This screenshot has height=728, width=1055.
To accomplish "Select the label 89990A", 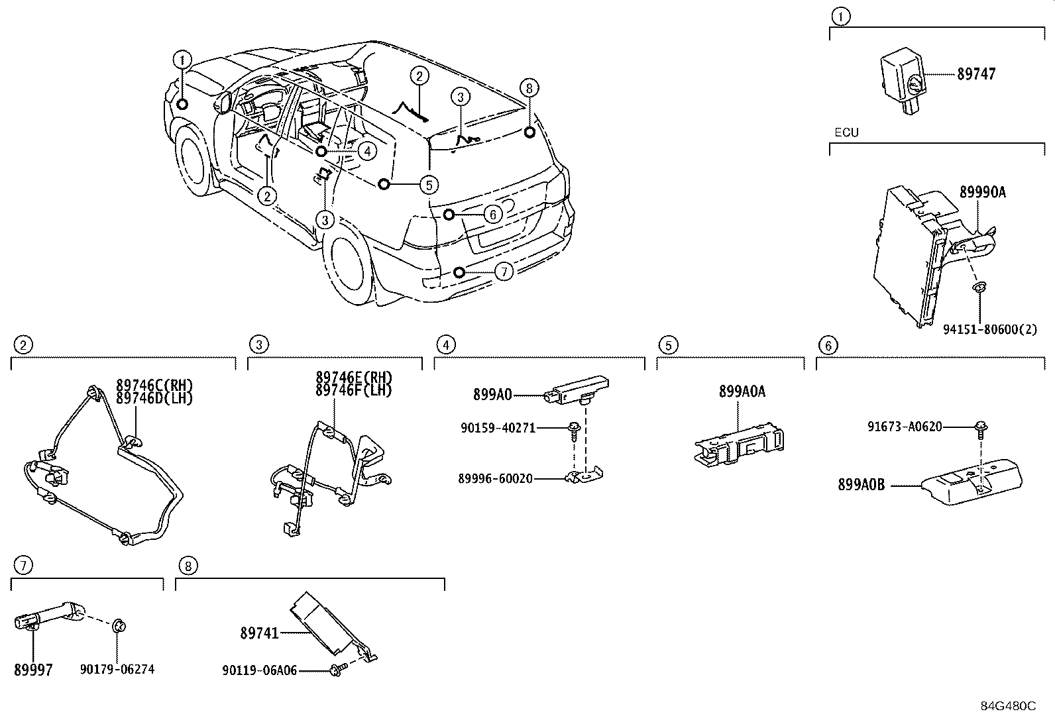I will (x=982, y=193).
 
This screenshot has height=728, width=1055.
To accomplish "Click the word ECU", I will (x=846, y=132).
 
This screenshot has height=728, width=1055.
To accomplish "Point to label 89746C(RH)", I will (x=154, y=385).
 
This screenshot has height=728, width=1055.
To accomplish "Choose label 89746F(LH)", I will (x=354, y=391).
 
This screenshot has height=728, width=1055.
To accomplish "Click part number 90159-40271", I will (x=498, y=429).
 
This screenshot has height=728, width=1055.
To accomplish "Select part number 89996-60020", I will (x=495, y=478).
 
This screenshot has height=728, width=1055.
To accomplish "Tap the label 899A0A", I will (x=742, y=392).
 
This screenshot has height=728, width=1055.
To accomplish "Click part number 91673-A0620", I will (x=905, y=427).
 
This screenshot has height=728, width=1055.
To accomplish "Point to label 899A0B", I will (x=861, y=485).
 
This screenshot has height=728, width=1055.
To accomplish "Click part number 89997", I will (x=33, y=670).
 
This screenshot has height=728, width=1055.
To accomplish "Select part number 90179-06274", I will (x=117, y=670).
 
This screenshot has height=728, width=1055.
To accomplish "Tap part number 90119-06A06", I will (x=259, y=671).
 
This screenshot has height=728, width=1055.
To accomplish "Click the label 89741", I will (x=259, y=634).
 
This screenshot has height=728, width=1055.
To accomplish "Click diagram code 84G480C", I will (x=1008, y=706).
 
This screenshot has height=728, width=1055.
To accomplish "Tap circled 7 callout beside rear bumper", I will (x=504, y=272).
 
